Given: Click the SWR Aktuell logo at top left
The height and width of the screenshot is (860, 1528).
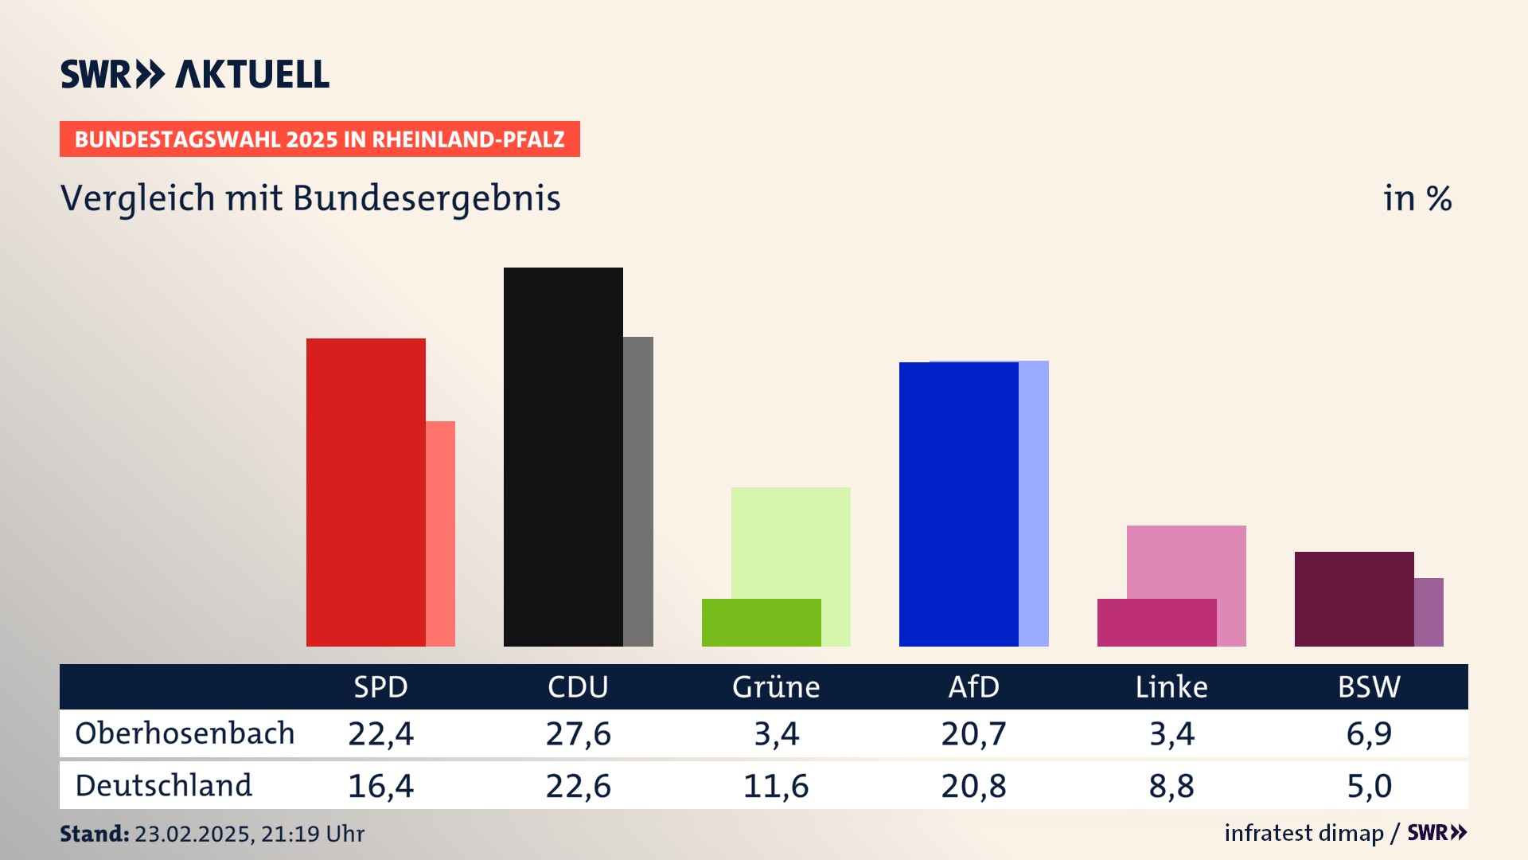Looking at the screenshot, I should pyautogui.click(x=195, y=74).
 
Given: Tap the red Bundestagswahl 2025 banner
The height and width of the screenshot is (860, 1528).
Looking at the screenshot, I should pyautogui.click(x=319, y=139).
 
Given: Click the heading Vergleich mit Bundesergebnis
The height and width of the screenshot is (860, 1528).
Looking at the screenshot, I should pyautogui.click(x=310, y=198).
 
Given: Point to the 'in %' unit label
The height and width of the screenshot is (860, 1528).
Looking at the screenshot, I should pyautogui.click(x=1417, y=198).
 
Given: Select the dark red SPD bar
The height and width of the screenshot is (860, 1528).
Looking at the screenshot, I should pyautogui.click(x=365, y=492).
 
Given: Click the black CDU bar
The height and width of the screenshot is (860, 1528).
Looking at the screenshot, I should pyautogui.click(x=563, y=456).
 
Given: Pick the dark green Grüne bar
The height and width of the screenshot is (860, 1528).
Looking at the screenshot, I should pyautogui.click(x=761, y=623).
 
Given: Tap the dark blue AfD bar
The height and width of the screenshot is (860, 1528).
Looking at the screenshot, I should pyautogui.click(x=958, y=504).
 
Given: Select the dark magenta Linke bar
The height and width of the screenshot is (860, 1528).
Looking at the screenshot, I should pyautogui.click(x=1156, y=623).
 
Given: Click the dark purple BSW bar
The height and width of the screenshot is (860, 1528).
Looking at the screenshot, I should pyautogui.click(x=1354, y=599).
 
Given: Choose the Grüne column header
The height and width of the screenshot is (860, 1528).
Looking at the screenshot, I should pyautogui.click(x=776, y=687).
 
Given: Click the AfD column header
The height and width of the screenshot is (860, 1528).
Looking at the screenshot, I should pyautogui.click(x=973, y=687).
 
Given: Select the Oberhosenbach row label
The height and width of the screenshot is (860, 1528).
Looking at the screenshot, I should pyautogui.click(x=185, y=733).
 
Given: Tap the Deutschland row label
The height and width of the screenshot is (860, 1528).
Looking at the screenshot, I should pyautogui.click(x=164, y=786).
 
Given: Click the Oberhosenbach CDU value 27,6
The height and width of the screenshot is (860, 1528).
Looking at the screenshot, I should pyautogui.click(x=579, y=733).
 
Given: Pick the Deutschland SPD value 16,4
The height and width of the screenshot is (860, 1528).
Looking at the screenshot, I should pyautogui.click(x=380, y=786).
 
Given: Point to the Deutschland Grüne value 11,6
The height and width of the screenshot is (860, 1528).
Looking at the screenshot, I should pyautogui.click(x=776, y=786).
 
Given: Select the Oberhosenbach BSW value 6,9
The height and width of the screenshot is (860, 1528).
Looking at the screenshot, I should pyautogui.click(x=1369, y=733).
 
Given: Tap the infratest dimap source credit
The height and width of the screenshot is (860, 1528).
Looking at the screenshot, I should pyautogui.click(x=1304, y=833).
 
